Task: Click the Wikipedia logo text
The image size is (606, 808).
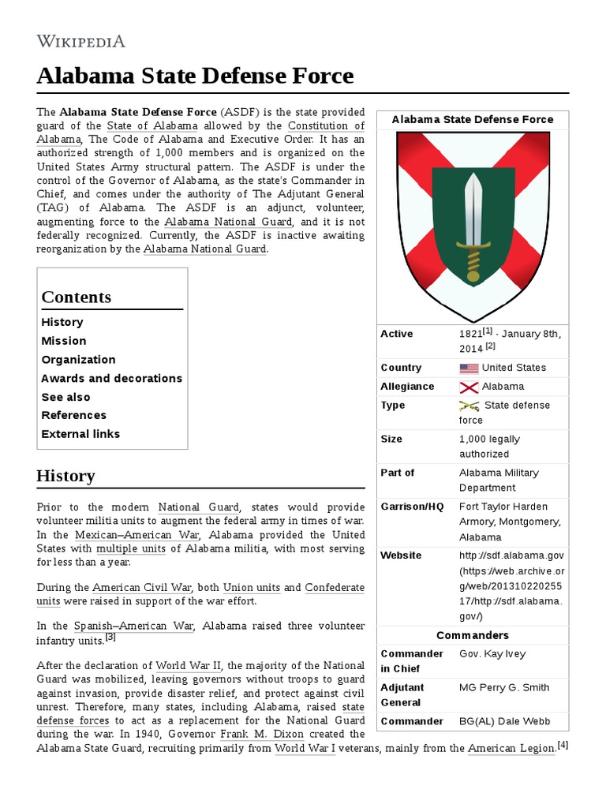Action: click(80, 41)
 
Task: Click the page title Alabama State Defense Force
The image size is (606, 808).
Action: click(195, 77)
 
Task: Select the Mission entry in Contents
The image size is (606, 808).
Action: click(64, 341)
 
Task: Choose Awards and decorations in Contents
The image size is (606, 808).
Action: click(111, 378)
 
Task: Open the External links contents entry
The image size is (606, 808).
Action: click(80, 434)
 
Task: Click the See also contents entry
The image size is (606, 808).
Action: click(65, 397)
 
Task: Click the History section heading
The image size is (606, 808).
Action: click(65, 476)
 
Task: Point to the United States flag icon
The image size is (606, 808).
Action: click(469, 368)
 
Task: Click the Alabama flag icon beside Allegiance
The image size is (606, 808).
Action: click(469, 387)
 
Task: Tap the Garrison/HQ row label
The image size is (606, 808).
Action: click(413, 506)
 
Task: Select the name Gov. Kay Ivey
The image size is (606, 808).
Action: click(492, 653)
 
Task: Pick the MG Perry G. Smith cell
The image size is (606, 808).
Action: click(504, 687)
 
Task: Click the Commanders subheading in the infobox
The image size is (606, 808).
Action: click(473, 635)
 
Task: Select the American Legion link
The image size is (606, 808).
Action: click(511, 749)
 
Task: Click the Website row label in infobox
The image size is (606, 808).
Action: click(401, 555)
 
